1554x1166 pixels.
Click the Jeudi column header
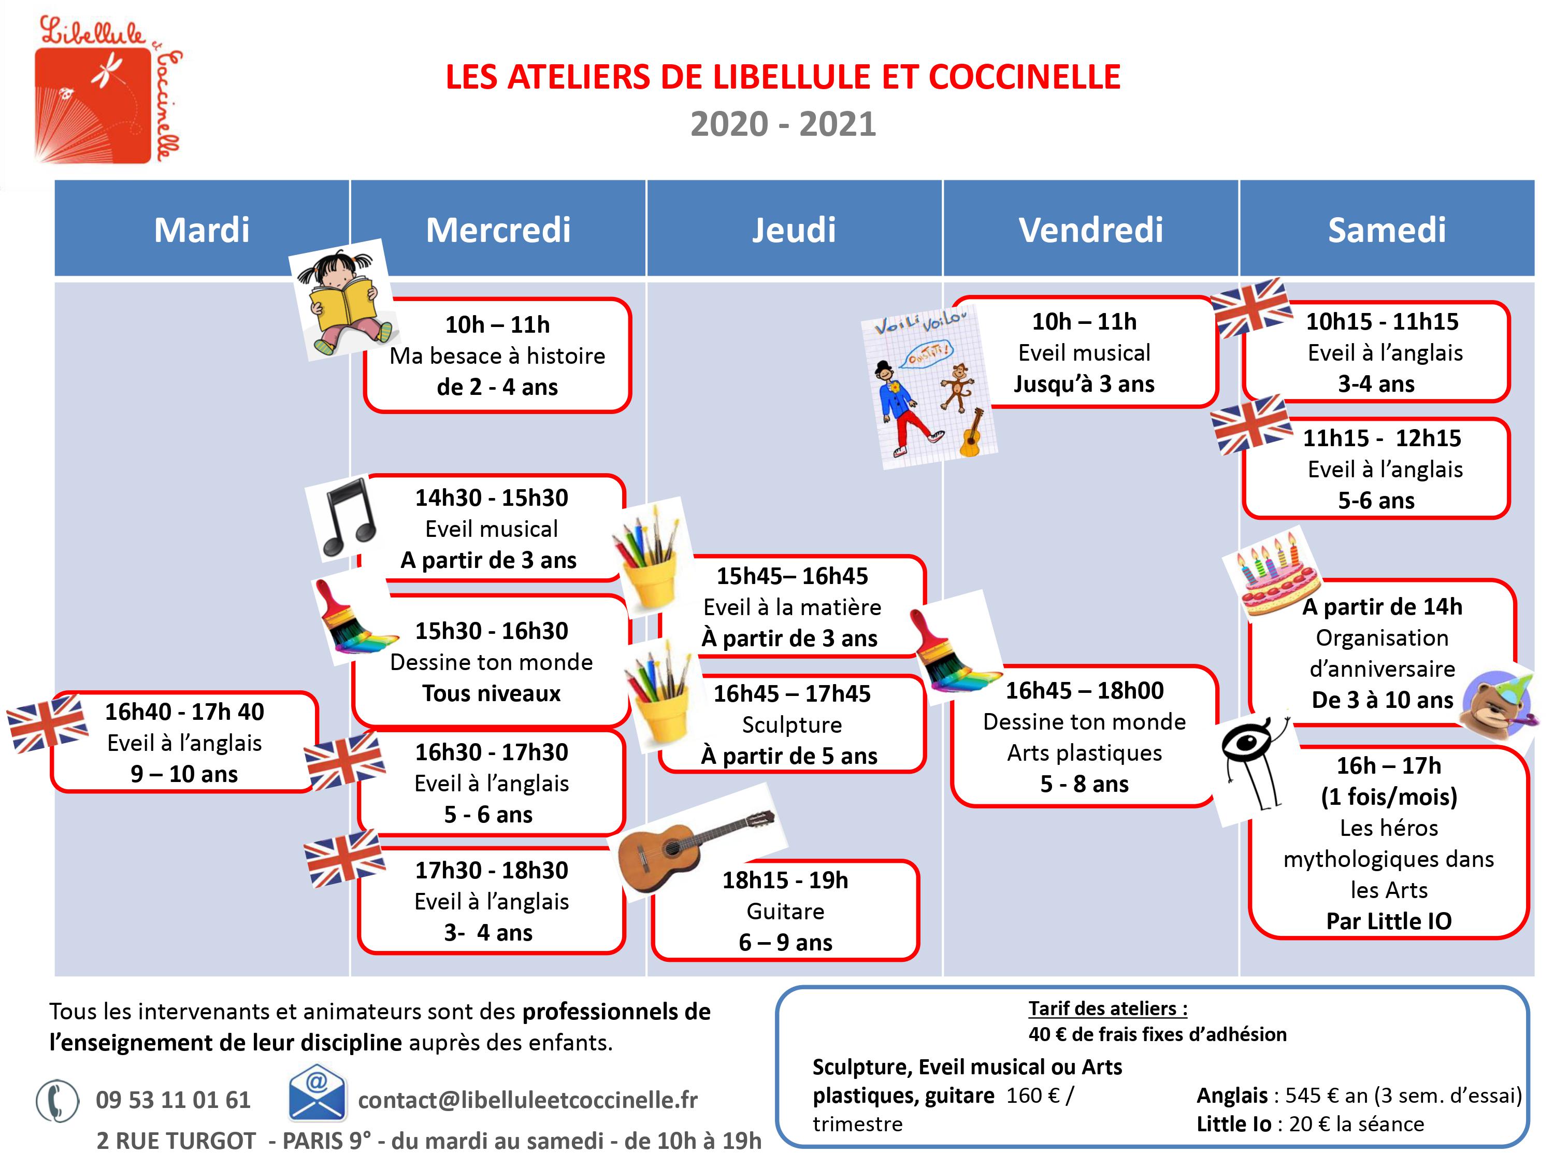(794, 230)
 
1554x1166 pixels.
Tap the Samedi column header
(1386, 230)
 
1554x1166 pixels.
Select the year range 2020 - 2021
(783, 124)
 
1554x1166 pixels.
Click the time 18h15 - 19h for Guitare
(785, 880)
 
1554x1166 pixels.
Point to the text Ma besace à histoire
(497, 356)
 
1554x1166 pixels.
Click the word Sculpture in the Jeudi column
(792, 724)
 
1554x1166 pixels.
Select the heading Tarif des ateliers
(1107, 1008)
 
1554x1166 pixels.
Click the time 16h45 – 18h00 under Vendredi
(1084, 691)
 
